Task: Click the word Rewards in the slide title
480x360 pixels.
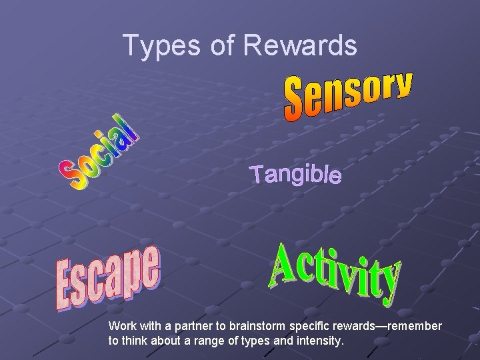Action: (x=300, y=46)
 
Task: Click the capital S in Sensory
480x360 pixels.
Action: (x=295, y=104)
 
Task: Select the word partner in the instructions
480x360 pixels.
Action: (x=205, y=327)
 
